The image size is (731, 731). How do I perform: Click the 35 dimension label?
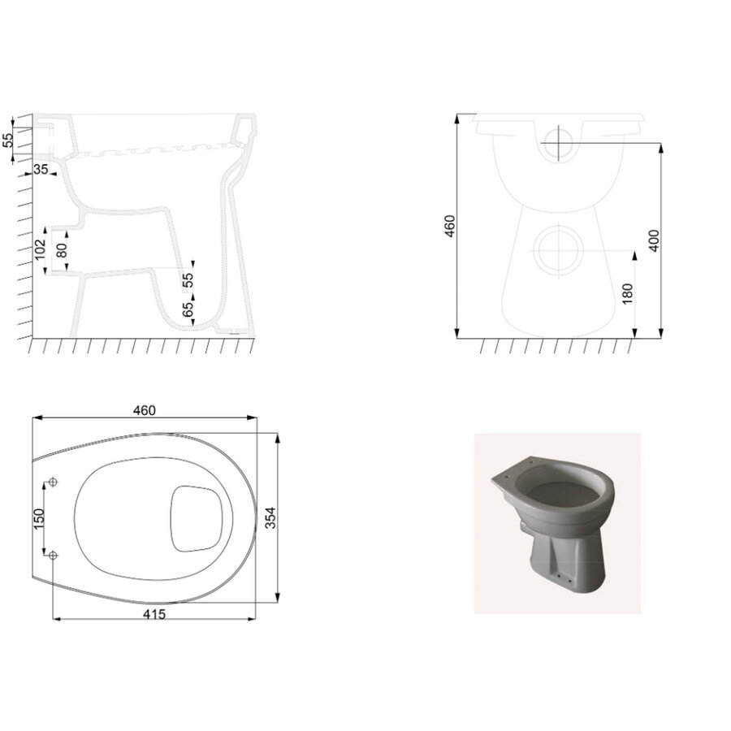click(41, 169)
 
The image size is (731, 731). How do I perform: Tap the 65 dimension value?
click(188, 309)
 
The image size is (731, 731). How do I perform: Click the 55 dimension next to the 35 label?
click(9, 139)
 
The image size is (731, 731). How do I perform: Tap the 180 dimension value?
click(626, 293)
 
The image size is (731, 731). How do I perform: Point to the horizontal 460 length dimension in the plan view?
click(144, 410)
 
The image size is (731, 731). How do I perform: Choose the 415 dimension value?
click(154, 614)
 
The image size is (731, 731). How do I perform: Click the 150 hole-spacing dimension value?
click(37, 518)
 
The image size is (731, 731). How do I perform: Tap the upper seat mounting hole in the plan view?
click(54, 482)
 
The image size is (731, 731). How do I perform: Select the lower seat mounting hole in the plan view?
click(54, 555)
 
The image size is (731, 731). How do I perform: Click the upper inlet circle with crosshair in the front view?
click(560, 144)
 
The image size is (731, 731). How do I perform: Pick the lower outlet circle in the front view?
click(560, 249)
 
